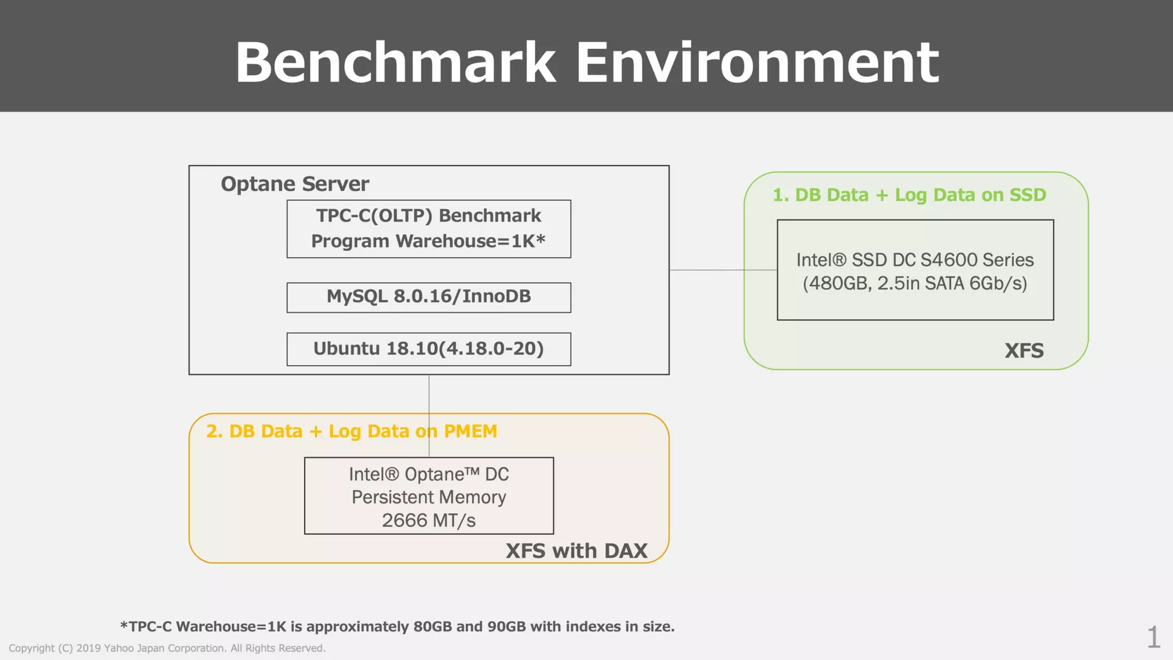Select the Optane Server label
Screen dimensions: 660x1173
click(x=295, y=184)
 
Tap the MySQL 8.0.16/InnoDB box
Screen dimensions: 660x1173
click(x=428, y=297)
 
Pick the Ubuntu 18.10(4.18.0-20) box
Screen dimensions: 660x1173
click(x=428, y=348)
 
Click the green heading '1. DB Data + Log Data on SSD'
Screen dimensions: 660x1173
click(x=909, y=195)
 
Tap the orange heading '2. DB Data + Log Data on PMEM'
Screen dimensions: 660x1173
click(x=351, y=431)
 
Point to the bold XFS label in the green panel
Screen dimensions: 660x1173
click(x=1024, y=351)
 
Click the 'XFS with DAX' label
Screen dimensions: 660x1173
click(x=576, y=551)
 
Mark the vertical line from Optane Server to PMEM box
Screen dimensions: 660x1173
click(x=429, y=395)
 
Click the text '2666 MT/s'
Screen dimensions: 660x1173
click(x=428, y=520)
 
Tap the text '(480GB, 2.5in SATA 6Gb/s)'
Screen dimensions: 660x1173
click(x=915, y=284)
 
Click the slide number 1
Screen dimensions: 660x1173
click(x=1153, y=637)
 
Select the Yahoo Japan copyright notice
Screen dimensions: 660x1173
click(x=167, y=648)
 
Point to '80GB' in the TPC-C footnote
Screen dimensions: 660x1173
click(x=432, y=626)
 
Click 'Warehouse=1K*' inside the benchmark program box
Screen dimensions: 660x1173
click(x=470, y=241)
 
